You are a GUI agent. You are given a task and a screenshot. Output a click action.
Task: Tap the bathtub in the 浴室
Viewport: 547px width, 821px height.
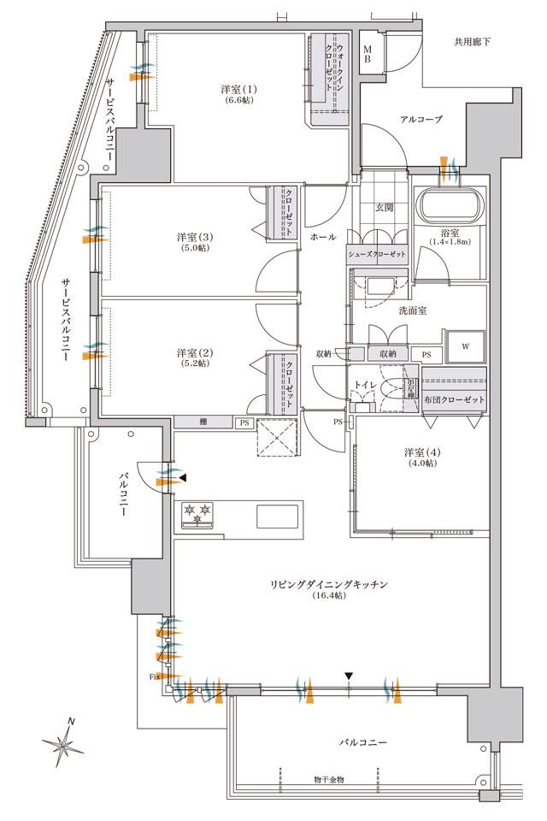pyautogui.click(x=450, y=206)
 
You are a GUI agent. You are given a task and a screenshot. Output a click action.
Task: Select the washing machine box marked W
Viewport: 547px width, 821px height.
pyautogui.click(x=465, y=346)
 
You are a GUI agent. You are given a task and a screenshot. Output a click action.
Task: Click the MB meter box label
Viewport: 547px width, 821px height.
pyautogui.click(x=367, y=53)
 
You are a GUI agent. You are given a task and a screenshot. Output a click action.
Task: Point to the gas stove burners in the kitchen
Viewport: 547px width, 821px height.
pyautogui.click(x=196, y=514)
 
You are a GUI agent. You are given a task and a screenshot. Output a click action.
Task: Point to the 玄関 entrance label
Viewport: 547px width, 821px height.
pyautogui.click(x=384, y=206)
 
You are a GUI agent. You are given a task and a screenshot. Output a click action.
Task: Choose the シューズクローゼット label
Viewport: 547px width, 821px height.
pyautogui.click(x=377, y=255)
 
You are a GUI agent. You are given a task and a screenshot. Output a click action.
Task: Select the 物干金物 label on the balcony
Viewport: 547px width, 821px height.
pyautogui.click(x=328, y=779)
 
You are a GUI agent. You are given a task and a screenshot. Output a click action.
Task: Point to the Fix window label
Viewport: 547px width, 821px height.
pyautogui.click(x=154, y=676)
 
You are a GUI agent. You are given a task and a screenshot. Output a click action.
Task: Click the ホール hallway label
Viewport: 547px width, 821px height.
pyautogui.click(x=323, y=236)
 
